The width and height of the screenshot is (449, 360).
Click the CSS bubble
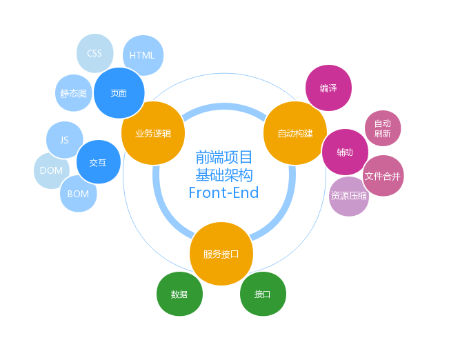[94, 53]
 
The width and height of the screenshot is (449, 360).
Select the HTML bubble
[143, 55]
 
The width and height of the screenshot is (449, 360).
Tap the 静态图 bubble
[73, 93]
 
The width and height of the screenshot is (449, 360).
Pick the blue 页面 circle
[119, 93]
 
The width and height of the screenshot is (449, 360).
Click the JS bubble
[64, 139]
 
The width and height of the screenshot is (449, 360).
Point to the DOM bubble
[52, 170]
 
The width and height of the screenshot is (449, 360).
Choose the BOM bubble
[79, 194]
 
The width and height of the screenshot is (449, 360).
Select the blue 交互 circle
[98, 163]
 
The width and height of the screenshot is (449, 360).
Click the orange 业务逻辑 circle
[153, 133]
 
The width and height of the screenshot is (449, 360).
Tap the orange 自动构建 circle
[295, 133]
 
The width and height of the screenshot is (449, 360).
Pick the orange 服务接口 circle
[221, 254]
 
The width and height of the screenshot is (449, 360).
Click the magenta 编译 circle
[328, 88]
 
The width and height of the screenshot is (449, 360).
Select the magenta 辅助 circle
[345, 152]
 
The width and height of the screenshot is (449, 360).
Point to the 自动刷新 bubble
[382, 128]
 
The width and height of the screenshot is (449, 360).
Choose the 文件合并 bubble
[383, 175]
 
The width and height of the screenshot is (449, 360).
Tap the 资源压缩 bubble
[349, 196]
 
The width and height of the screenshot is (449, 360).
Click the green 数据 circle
[179, 294]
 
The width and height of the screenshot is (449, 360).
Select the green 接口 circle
[262, 294]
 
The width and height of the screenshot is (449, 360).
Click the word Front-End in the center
[223, 192]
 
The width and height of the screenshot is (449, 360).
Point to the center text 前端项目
[224, 157]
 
